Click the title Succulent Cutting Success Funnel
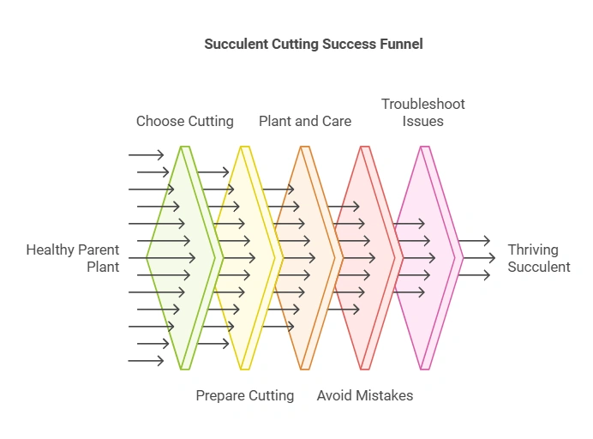coord(313,44)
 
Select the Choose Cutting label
coord(184,121)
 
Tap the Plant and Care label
coord(305,121)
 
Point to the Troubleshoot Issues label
coord(422,112)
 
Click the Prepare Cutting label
coord(244,395)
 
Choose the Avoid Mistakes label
coord(365,395)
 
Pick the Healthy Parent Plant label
coord(73,258)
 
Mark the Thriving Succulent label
coord(538,258)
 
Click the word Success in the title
coord(347,44)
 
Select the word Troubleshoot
coord(422,104)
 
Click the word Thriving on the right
coord(532,250)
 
